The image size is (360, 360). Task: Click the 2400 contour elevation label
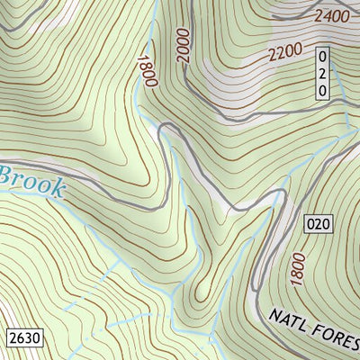(x=331, y=16)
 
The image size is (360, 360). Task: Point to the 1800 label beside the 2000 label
(x=148, y=70)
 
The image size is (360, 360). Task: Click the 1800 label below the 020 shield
(x=298, y=269)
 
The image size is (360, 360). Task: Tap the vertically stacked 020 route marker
(x=322, y=75)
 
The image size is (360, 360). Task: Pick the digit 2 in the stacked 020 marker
(x=322, y=75)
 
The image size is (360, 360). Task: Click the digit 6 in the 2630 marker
(x=19, y=338)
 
